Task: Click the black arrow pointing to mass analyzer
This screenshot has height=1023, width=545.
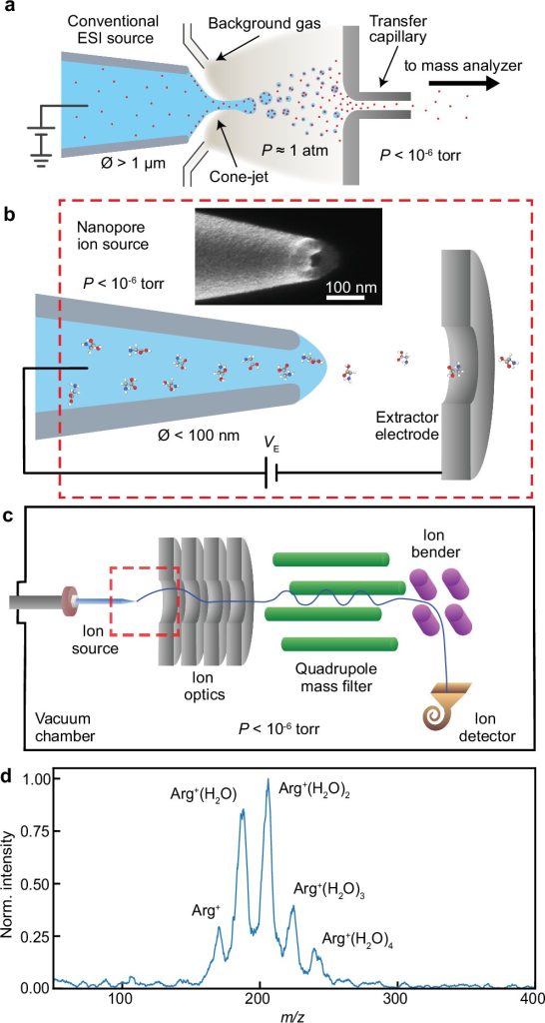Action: coord(464,84)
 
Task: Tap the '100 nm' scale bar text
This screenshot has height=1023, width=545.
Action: coord(345,287)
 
